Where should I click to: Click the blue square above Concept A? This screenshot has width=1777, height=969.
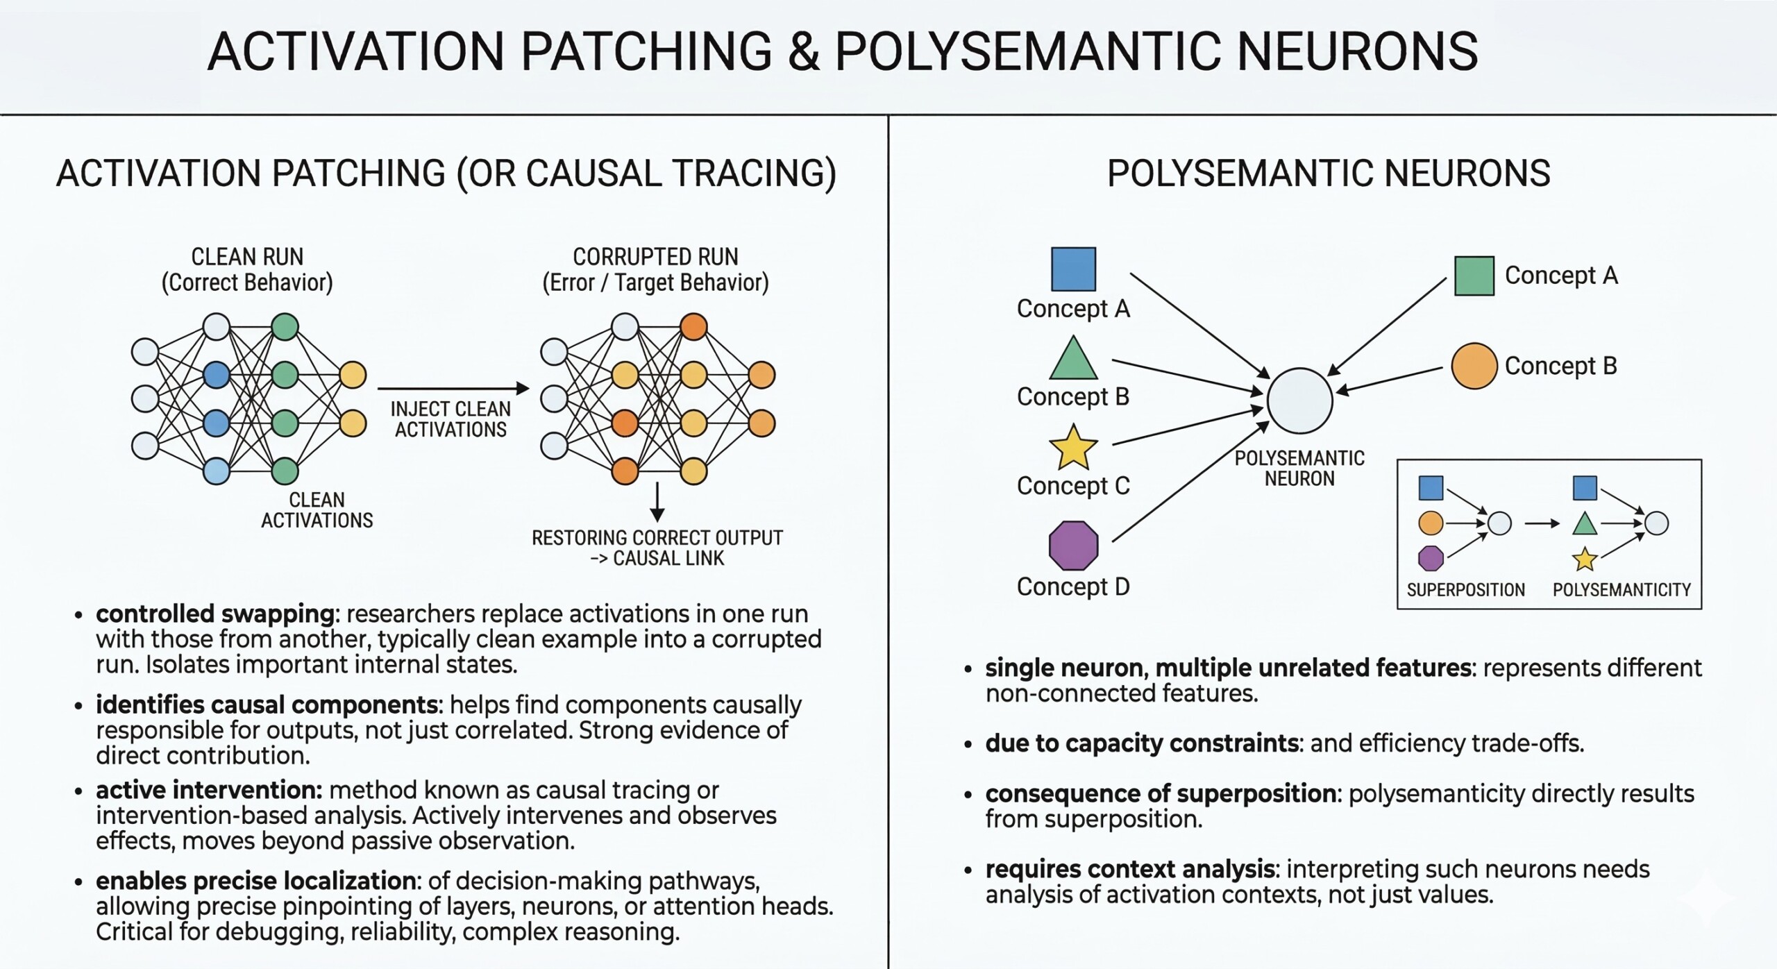tap(1073, 269)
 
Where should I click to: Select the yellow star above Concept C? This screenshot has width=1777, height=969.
tap(1073, 448)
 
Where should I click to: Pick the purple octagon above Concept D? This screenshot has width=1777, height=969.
tap(1073, 546)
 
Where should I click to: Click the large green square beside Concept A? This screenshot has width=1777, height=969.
tap(1474, 276)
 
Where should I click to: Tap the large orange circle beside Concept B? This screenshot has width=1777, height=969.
tap(1474, 366)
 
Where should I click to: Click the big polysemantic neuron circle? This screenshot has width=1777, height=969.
tap(1299, 401)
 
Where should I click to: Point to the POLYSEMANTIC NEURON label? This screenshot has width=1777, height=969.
tap(1299, 469)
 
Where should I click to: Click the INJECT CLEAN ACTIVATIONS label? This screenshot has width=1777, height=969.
tap(450, 419)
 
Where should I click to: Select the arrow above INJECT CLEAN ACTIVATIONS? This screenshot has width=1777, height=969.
tap(453, 389)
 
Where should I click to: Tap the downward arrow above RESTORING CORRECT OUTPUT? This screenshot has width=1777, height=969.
tap(657, 503)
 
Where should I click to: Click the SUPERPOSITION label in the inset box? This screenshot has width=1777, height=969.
tap(1465, 590)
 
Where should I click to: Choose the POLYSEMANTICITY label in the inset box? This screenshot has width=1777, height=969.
tap(1622, 590)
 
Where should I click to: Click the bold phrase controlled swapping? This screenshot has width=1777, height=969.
tap(215, 614)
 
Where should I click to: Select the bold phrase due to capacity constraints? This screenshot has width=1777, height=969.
tap(1142, 743)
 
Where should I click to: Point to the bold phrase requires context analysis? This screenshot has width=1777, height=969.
tap(1130, 869)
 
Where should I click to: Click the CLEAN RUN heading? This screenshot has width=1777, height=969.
tap(247, 257)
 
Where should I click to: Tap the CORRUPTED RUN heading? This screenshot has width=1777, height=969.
tap(655, 257)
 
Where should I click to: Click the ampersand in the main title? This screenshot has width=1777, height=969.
tap(803, 51)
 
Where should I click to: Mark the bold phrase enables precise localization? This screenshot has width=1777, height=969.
tap(255, 881)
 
